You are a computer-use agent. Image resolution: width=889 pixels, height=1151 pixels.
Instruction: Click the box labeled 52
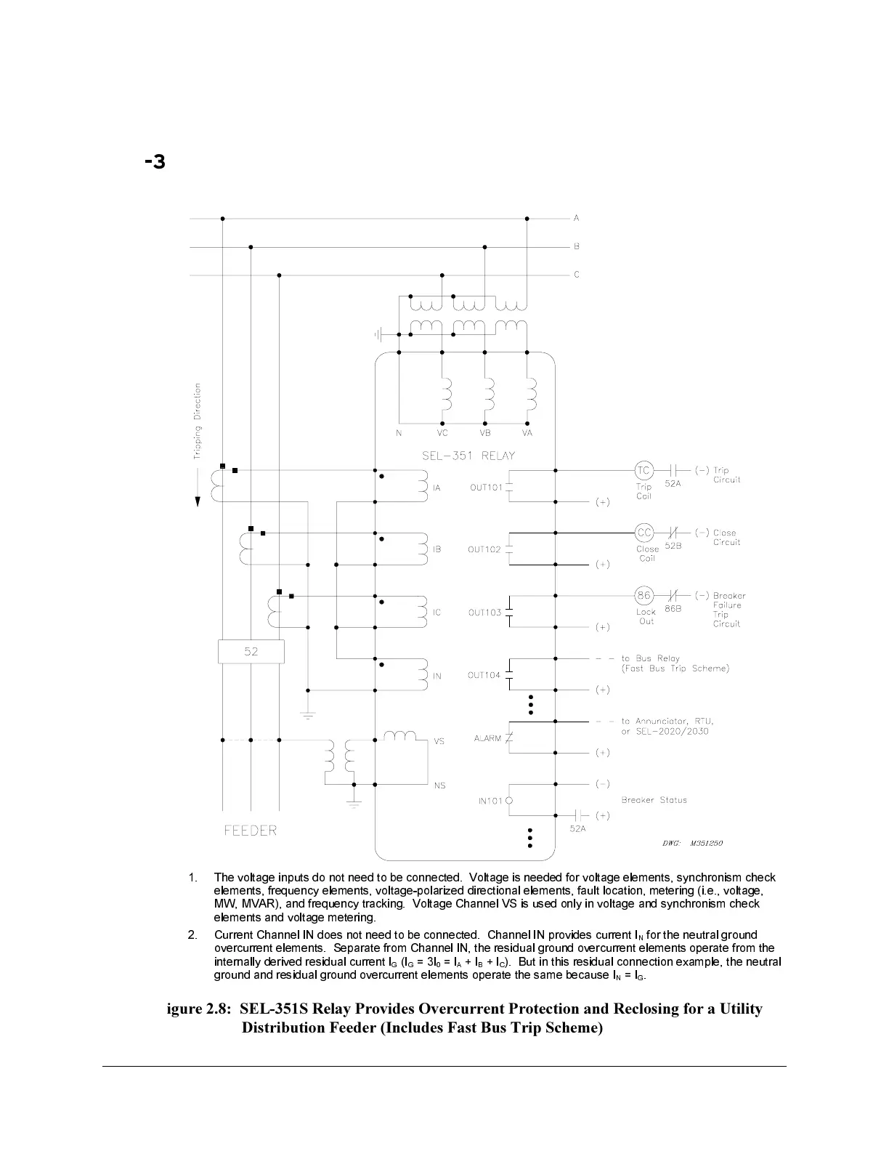(x=251, y=652)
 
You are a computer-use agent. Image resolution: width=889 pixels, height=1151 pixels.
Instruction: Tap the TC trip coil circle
(x=644, y=470)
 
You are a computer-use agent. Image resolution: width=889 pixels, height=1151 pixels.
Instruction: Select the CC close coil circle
(x=644, y=533)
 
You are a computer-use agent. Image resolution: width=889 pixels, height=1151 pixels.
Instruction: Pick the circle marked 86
(x=644, y=596)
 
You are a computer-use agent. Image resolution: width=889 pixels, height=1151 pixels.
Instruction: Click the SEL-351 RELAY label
(x=468, y=456)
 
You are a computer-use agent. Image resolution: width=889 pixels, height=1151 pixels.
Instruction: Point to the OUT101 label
(x=486, y=488)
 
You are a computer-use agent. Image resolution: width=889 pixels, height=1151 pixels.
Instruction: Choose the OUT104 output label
(x=484, y=676)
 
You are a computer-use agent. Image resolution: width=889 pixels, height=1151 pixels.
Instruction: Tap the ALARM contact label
(x=487, y=738)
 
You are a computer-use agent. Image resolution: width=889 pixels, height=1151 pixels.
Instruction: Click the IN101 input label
(x=490, y=801)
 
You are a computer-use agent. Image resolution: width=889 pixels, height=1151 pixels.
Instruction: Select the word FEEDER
(x=251, y=831)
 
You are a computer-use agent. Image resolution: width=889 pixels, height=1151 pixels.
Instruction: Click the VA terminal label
(x=527, y=433)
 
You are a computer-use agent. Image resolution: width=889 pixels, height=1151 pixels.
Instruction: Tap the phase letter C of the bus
(x=577, y=275)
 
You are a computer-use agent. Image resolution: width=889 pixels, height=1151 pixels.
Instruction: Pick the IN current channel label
(x=437, y=677)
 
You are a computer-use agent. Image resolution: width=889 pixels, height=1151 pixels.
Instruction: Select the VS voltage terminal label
(x=439, y=741)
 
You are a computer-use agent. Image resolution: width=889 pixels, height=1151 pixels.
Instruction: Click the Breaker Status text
(x=654, y=800)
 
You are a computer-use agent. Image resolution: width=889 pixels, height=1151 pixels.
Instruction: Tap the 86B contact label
(x=673, y=609)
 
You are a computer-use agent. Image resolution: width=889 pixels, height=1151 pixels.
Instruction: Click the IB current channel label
(x=437, y=550)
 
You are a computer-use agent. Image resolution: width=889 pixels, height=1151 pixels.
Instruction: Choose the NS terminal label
(x=439, y=785)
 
